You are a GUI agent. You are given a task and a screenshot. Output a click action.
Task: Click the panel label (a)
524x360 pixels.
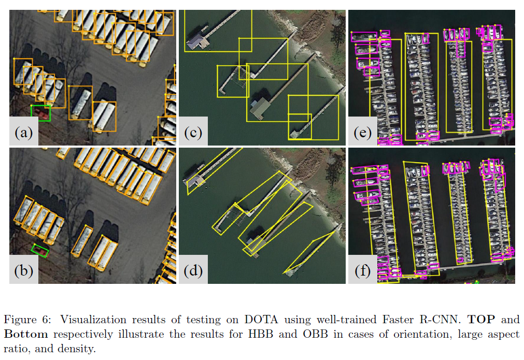coord(24,133)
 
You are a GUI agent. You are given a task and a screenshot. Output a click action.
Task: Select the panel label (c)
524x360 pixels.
coord(193,133)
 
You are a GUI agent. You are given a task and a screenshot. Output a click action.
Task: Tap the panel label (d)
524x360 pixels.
coord(193,271)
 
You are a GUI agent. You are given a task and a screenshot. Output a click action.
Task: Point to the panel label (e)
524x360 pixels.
coord(362,133)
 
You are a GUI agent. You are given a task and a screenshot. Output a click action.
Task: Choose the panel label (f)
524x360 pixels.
coord(362,271)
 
